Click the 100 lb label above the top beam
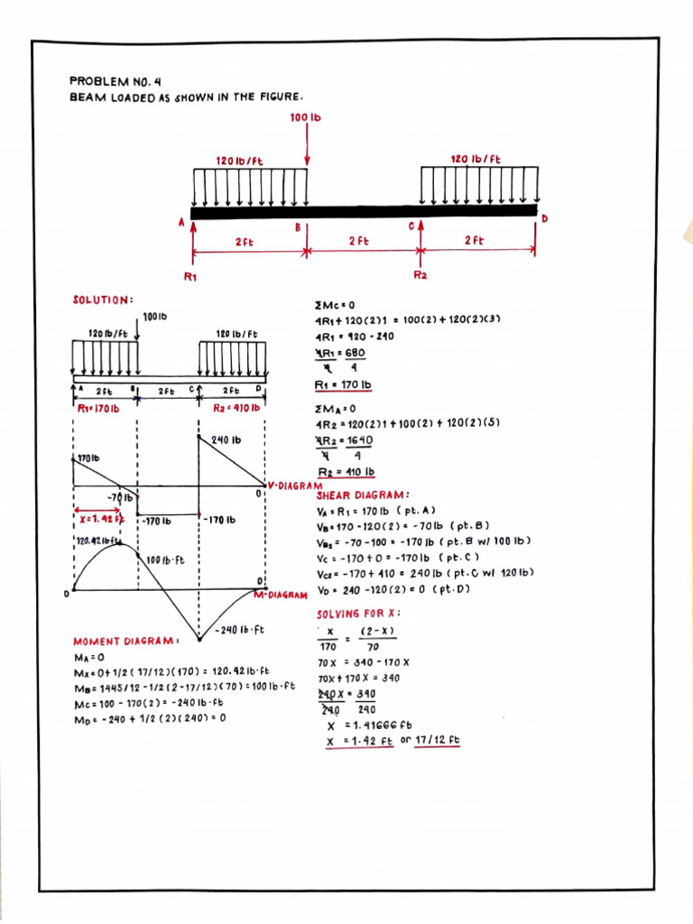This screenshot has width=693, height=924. [307, 118]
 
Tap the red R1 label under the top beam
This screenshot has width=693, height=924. [190, 276]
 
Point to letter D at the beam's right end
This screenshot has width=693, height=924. [544, 219]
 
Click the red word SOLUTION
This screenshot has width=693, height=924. [102, 299]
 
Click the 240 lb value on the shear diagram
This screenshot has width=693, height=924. [226, 440]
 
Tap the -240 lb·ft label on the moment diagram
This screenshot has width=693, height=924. [240, 629]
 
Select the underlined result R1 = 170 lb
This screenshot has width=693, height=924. [343, 385]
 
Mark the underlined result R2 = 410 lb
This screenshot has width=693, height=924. [346, 472]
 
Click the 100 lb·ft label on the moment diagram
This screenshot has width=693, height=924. [164, 559]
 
